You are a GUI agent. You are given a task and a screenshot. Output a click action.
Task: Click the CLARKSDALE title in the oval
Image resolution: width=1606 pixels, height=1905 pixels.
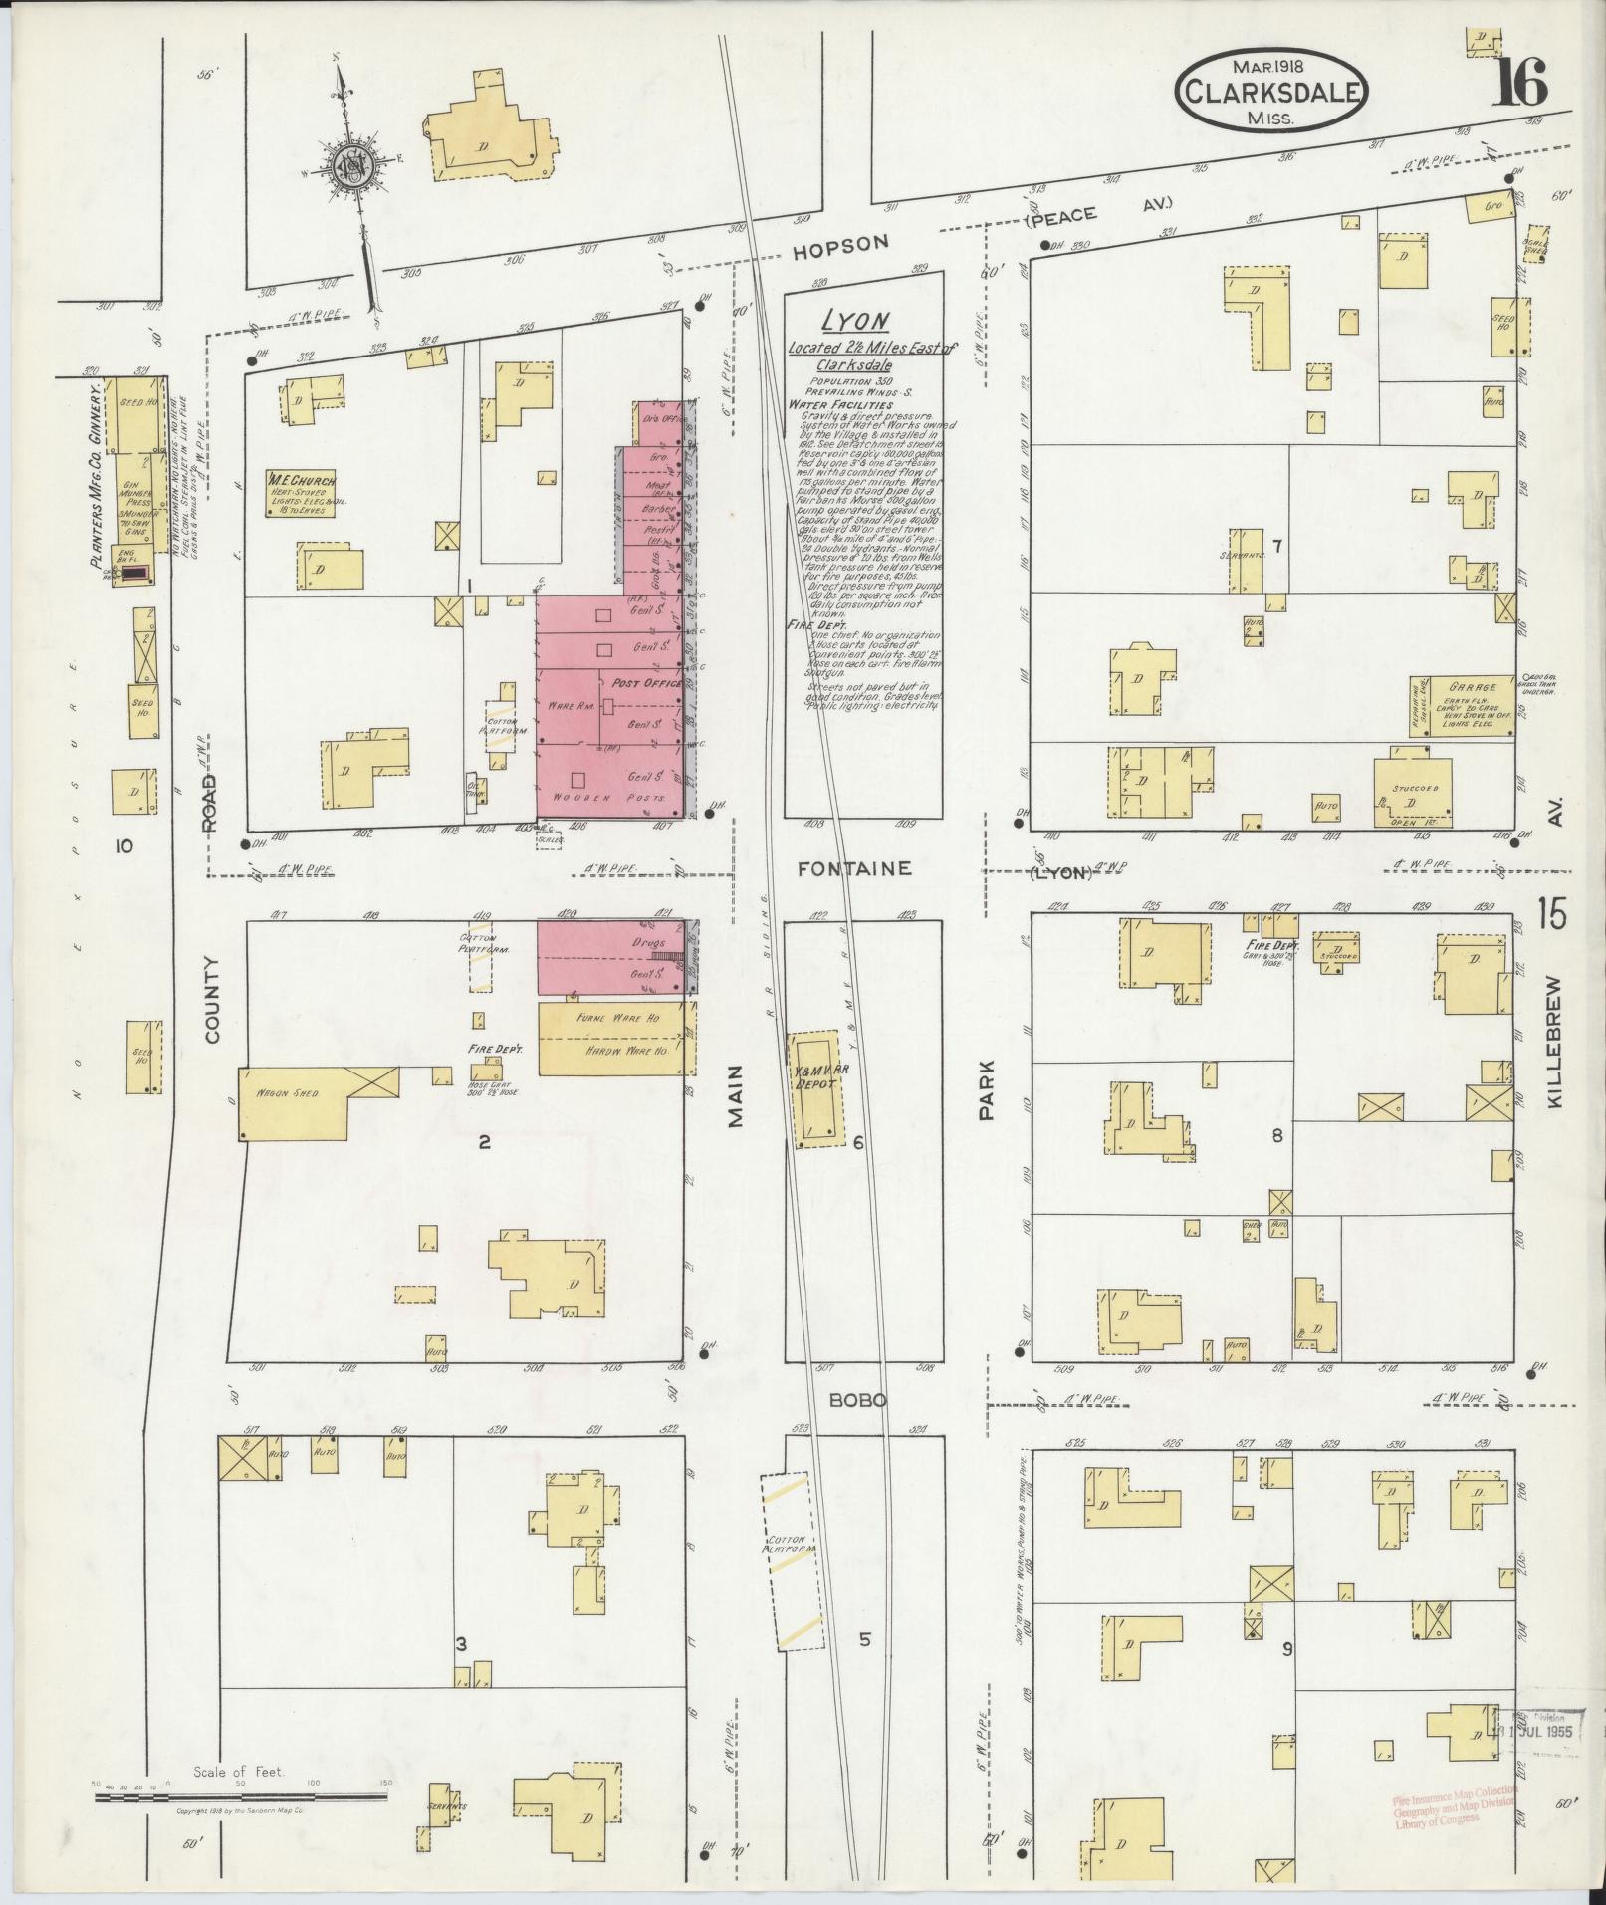tap(1271, 93)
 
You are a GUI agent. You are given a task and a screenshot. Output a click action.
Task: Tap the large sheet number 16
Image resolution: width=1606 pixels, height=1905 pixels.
tap(1519, 82)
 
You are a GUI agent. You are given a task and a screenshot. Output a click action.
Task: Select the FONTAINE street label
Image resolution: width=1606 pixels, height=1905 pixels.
tap(854, 868)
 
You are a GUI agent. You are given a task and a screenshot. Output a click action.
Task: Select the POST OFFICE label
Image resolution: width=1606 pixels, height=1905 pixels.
tap(647, 684)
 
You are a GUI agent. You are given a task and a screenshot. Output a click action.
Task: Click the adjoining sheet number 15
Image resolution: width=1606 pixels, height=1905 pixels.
tap(1550, 912)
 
